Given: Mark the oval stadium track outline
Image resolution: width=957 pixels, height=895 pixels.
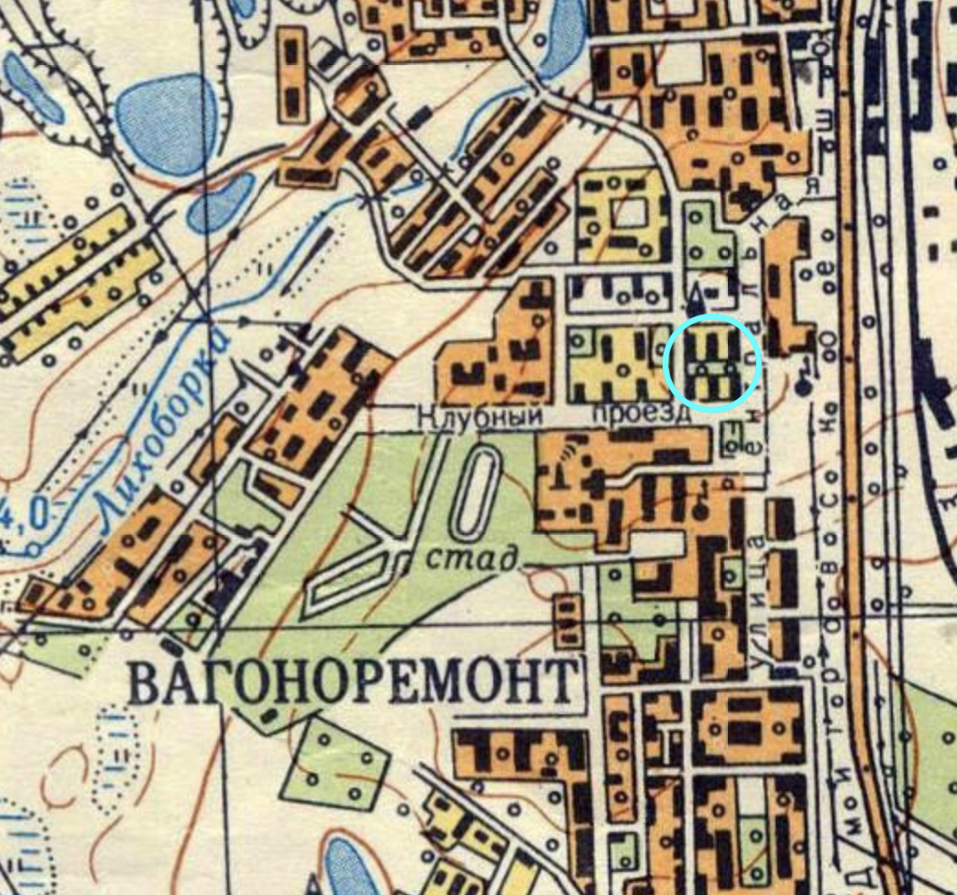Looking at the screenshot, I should click(475, 493).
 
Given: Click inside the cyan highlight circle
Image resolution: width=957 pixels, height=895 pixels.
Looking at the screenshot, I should click(712, 361).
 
